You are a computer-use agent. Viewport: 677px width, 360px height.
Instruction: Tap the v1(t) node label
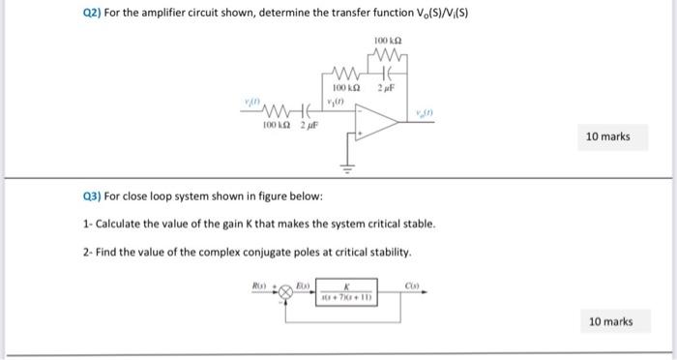coord(338,101)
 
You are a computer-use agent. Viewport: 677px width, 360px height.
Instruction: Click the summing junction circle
coord(286,290)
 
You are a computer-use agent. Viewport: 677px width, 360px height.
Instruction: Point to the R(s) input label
coord(260,285)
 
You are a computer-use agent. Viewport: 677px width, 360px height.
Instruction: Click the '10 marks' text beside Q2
coord(607,136)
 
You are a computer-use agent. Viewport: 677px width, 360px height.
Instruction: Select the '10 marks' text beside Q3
coord(610,320)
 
